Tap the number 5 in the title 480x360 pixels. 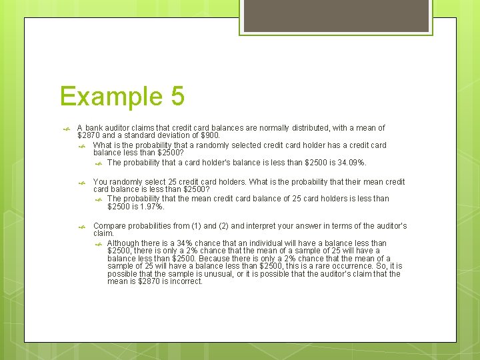[177, 97]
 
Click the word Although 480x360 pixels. [125, 243]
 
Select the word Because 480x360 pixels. [214, 259]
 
